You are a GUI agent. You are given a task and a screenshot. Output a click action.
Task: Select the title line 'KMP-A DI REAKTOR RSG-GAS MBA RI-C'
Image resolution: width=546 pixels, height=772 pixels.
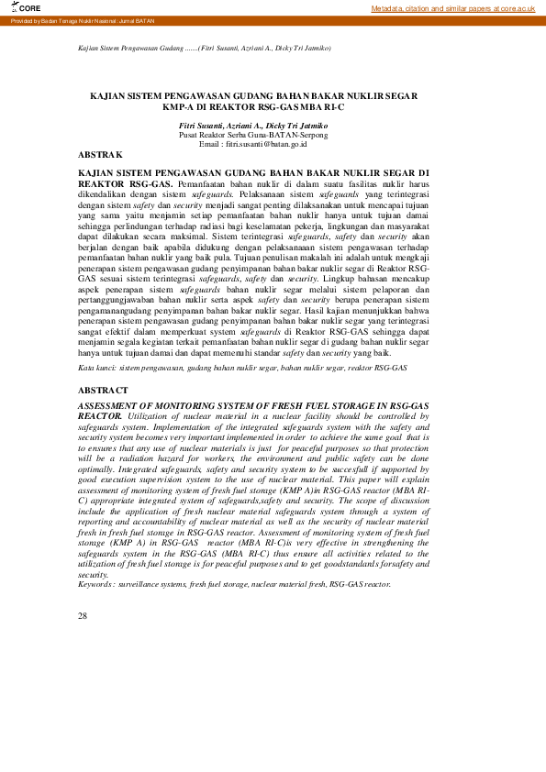(253, 107)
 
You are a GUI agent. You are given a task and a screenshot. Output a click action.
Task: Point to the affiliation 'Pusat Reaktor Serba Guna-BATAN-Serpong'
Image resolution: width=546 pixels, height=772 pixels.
(252, 134)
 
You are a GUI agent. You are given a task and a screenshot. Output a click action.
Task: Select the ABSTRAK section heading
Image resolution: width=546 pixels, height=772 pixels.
(100, 155)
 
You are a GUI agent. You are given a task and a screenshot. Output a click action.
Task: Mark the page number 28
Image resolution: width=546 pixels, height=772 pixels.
(84, 616)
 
